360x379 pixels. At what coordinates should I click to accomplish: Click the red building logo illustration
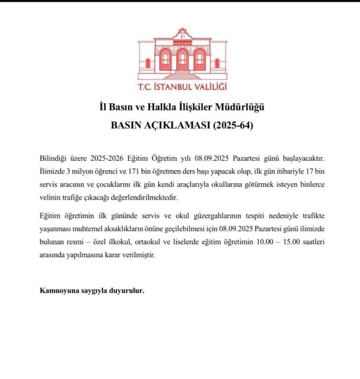click(x=182, y=57)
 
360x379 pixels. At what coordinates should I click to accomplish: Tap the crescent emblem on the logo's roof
click(x=182, y=36)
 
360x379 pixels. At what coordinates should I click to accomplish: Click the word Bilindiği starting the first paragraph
click(x=54, y=158)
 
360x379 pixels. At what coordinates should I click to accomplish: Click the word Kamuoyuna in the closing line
click(x=57, y=290)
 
